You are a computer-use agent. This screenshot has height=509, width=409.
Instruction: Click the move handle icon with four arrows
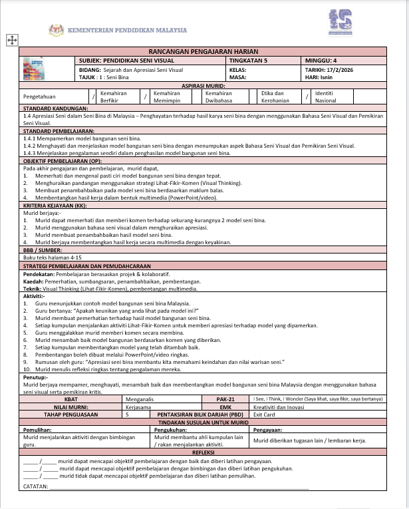click(11, 40)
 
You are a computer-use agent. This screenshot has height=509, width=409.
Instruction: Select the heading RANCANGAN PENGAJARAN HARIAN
click(204, 52)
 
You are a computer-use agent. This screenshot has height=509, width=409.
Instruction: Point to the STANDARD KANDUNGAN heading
click(55, 108)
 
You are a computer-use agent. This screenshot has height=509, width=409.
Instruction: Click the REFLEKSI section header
click(204, 451)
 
